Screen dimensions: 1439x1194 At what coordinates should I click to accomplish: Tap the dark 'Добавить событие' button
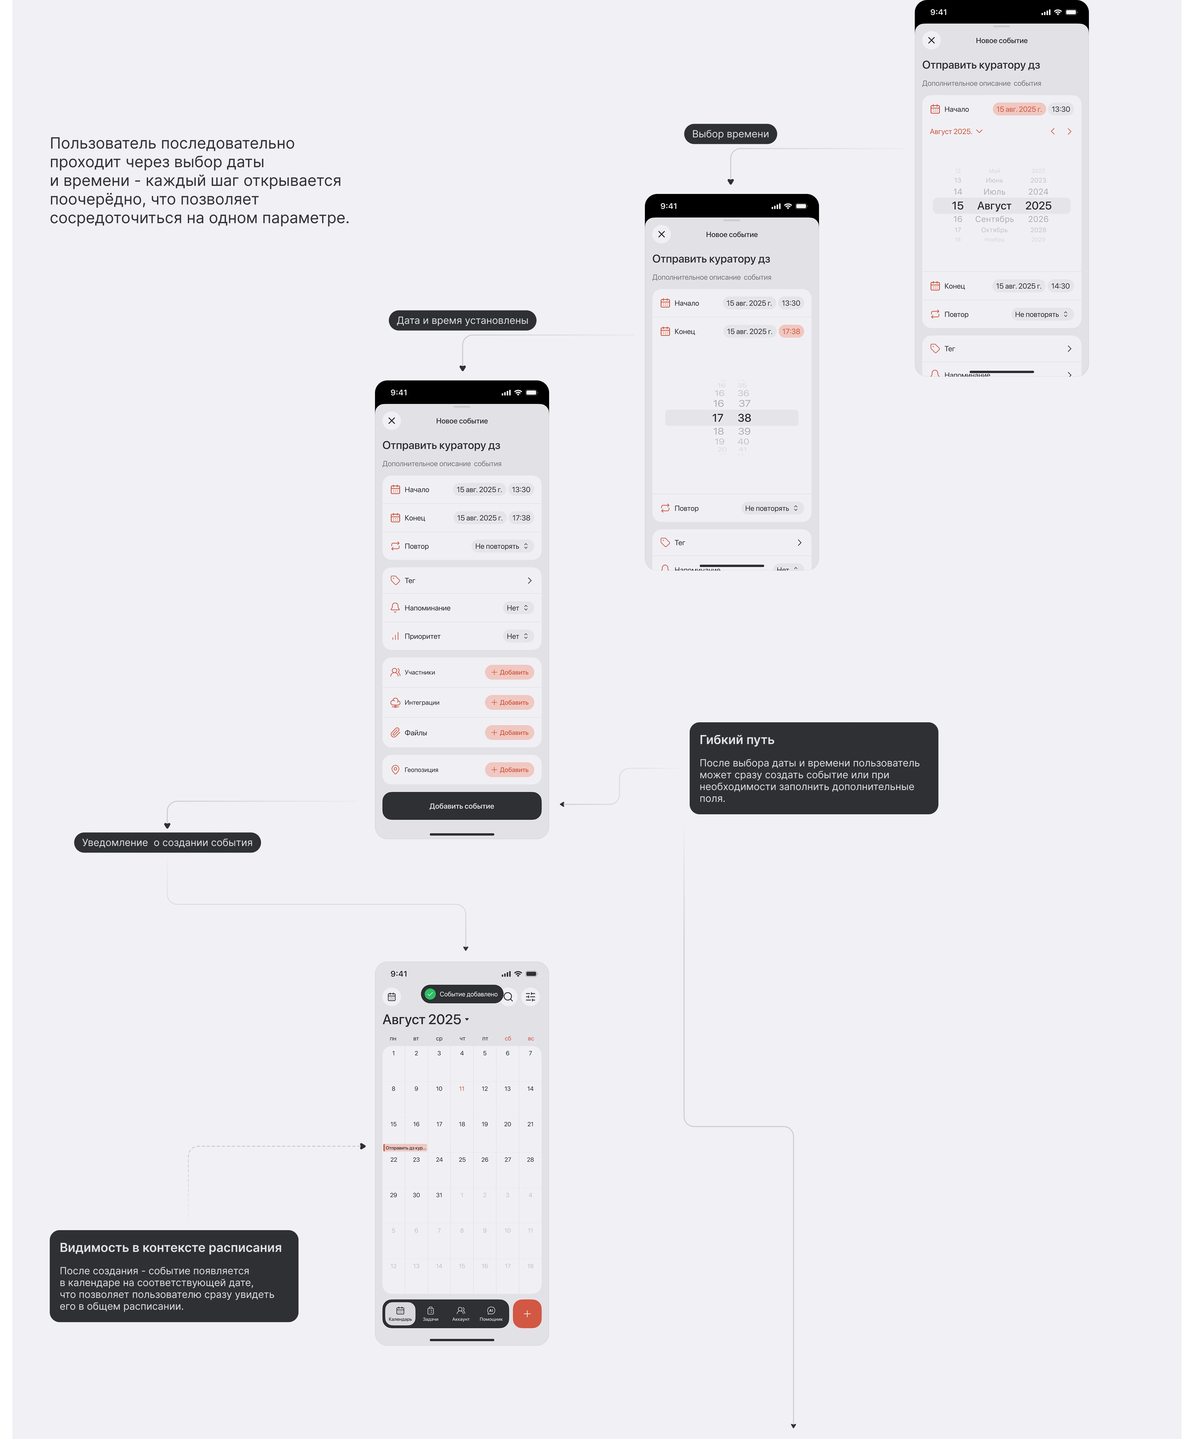[461, 806]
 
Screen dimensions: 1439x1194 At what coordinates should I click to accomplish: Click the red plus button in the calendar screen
[526, 1314]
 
